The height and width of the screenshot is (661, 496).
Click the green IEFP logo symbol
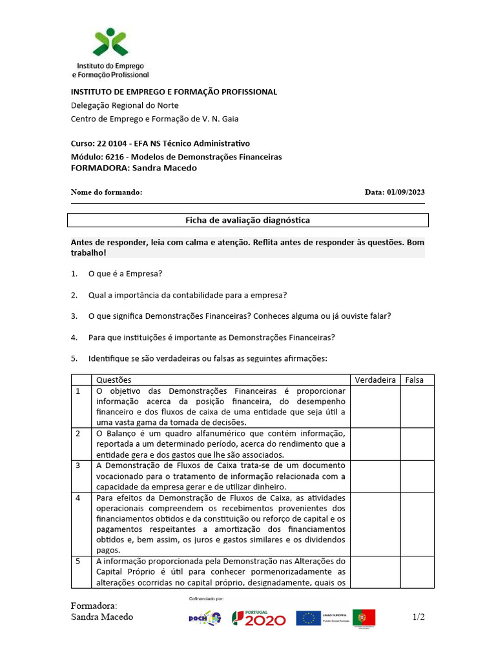[x=110, y=43]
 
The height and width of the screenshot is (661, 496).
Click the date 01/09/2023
[x=405, y=192]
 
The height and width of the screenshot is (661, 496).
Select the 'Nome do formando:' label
[x=106, y=192]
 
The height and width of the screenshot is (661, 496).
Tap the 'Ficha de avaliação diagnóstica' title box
[x=248, y=220]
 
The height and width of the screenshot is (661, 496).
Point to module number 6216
[x=114, y=157]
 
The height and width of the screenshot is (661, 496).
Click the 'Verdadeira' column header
[x=375, y=380]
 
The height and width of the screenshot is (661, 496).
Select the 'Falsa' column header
[x=415, y=380]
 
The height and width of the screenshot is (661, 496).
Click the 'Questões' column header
[x=114, y=380]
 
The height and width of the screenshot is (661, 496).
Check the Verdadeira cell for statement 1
[x=375, y=407]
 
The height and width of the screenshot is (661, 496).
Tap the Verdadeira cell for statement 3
[x=375, y=476]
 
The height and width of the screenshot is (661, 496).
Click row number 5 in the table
[x=78, y=561]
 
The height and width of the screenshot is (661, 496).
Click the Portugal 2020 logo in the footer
[x=259, y=618]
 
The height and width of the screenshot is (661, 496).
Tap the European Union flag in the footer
[x=309, y=618]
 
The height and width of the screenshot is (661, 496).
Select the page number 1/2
[x=418, y=617]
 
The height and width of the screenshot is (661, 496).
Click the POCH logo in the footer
[x=204, y=618]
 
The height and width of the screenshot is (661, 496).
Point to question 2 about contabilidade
[x=187, y=295]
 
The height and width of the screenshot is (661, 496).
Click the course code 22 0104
[x=111, y=143]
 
